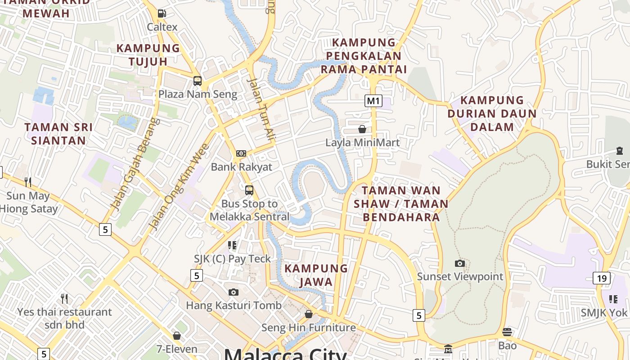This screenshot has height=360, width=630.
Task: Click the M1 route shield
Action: click(373, 101)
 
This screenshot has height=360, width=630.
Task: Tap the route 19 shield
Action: click(602, 278)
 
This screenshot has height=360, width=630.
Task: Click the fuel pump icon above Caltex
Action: click(162, 14)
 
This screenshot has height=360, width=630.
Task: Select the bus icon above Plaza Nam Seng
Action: click(198, 81)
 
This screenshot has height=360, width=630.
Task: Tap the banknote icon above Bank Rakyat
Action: click(241, 153)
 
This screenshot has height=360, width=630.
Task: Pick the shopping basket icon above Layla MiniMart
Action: click(362, 130)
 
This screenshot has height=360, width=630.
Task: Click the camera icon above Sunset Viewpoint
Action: click(460, 263)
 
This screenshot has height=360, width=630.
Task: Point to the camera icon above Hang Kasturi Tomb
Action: click(233, 292)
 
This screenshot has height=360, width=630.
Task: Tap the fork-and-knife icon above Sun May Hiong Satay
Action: click(28, 182)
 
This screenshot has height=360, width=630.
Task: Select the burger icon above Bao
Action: click(507, 332)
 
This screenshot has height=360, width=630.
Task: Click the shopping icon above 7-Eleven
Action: click(177, 336)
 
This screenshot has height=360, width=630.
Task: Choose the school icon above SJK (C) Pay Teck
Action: click(232, 245)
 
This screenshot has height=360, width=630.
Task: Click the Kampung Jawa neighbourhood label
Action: click(316, 275)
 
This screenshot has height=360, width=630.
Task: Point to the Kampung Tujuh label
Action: click(148, 54)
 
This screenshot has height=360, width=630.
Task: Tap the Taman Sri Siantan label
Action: click(58, 134)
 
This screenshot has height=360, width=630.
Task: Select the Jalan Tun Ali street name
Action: click(261, 110)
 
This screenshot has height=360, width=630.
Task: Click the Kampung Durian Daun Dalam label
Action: click(492, 113)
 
